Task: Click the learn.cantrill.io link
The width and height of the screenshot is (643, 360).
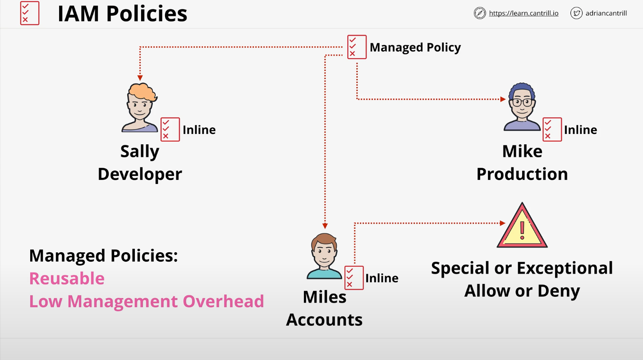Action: pyautogui.click(x=524, y=14)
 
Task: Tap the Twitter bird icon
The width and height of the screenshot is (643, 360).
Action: pyautogui.click(x=576, y=13)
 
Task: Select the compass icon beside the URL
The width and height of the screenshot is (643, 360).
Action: pyautogui.click(x=480, y=13)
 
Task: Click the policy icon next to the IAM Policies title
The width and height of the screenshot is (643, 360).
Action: pyautogui.click(x=30, y=13)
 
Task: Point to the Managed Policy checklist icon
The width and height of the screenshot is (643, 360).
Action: pyautogui.click(x=357, y=47)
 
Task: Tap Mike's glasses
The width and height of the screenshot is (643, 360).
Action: pyautogui.click(x=522, y=102)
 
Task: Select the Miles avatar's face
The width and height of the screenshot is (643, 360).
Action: pyautogui.click(x=324, y=252)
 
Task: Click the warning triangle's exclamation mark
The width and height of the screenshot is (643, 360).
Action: pyautogui.click(x=522, y=229)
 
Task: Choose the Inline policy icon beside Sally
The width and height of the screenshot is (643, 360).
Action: pyautogui.click(x=170, y=129)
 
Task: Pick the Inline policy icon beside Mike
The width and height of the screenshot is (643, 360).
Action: pyautogui.click(x=552, y=129)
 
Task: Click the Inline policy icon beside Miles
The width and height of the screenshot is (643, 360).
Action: pyautogui.click(x=354, y=277)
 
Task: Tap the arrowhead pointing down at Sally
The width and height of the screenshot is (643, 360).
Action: pyautogui.click(x=140, y=78)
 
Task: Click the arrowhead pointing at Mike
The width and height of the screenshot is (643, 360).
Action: pyautogui.click(x=503, y=99)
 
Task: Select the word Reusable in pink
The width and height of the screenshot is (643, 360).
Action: pyautogui.click(x=67, y=278)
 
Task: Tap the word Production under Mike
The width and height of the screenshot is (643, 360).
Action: pyautogui.click(x=522, y=174)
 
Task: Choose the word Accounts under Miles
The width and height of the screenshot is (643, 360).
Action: pyautogui.click(x=324, y=319)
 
